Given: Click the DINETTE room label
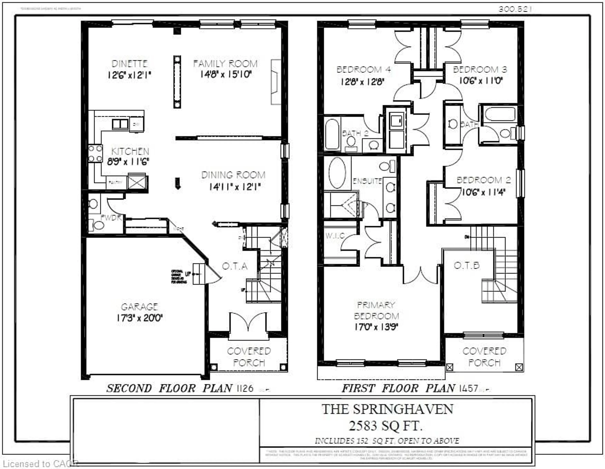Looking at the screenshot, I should point(129,64).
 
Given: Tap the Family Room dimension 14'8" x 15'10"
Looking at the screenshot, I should point(226,74).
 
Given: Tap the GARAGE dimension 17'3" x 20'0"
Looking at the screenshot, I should point(139,317).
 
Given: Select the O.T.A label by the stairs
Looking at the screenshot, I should point(235,266).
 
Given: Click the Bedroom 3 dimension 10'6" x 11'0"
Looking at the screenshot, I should point(481,81).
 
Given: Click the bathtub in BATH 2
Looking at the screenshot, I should point(332,134).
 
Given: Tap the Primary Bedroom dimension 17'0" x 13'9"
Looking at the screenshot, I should point(376,327).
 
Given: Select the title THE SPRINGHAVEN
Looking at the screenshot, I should point(387,409).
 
